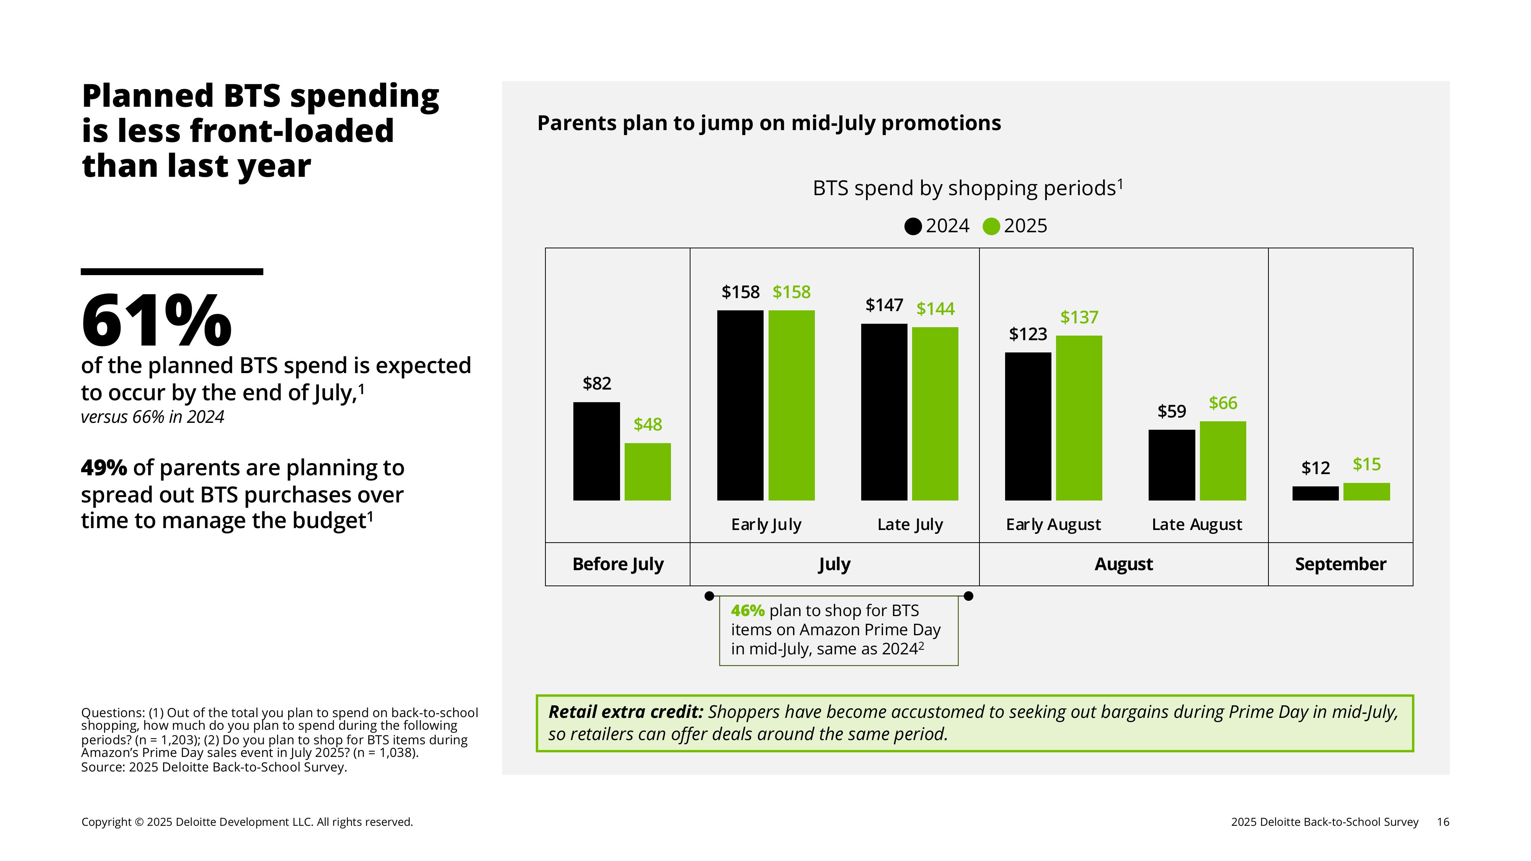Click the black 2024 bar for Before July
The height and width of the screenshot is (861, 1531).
click(x=596, y=451)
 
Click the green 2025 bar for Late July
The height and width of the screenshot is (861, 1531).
click(x=935, y=414)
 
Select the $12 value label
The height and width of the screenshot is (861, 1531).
click(x=1315, y=468)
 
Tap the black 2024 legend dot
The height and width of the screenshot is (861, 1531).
click(x=913, y=227)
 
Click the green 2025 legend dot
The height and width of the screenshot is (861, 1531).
click(x=991, y=227)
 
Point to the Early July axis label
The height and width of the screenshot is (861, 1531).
click(x=766, y=524)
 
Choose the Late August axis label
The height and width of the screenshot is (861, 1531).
click(x=1197, y=524)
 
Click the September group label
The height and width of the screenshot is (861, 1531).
click(x=1340, y=564)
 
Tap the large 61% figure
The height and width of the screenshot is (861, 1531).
click(x=156, y=321)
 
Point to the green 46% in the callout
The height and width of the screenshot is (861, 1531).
click(x=748, y=610)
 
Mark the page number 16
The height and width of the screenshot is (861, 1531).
click(x=1443, y=822)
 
